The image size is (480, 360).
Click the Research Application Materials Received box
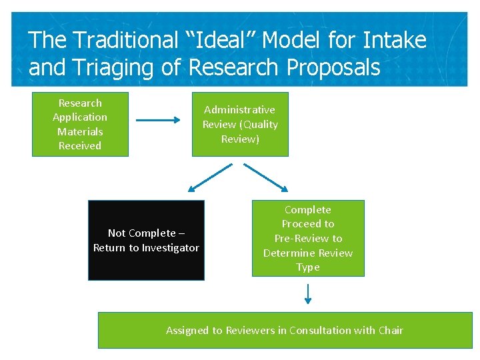[80, 125]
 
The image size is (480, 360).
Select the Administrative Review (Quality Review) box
[240, 125]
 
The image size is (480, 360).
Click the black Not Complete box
[146, 240]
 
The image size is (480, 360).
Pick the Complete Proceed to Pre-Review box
[308, 238]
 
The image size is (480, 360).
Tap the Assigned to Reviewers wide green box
[285, 331]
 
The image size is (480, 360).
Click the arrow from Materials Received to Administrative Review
[159, 121]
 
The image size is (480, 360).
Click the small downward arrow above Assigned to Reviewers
[308, 293]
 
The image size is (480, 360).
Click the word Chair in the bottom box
[391, 331]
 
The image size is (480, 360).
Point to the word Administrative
[239, 110]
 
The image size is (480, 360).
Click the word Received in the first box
[80, 146]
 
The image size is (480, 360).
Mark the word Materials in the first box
[80, 132]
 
